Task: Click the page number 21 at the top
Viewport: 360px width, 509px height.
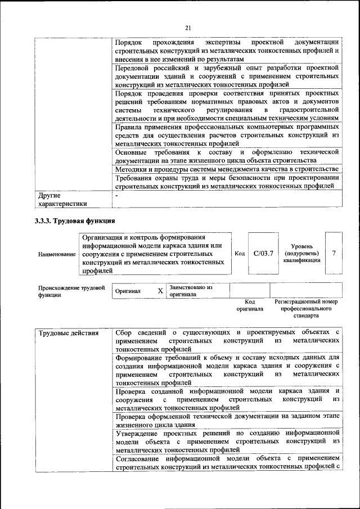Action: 188,28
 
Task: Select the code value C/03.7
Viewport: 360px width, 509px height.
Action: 263,253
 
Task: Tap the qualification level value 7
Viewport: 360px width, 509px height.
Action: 334,253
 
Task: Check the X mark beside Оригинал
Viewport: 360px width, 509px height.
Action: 160,291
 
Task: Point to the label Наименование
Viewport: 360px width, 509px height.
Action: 57,254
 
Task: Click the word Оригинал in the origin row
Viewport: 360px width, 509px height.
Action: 128,291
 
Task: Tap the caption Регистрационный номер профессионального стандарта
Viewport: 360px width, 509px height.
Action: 307,309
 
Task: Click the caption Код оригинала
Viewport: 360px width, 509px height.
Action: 250,305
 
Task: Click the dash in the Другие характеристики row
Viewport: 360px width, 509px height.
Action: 116,196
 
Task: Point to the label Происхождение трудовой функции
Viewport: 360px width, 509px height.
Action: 71,291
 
